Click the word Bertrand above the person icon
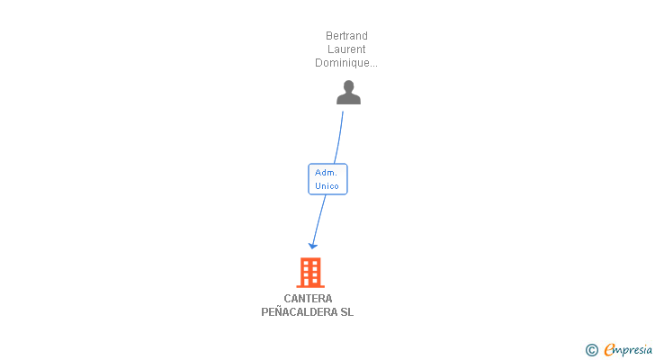tap(346, 36)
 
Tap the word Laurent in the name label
tap(346, 49)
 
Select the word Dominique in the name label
tap(344, 63)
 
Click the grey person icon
tap(348, 93)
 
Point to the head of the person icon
tap(348, 86)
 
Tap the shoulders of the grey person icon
tap(348, 99)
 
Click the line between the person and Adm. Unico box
tap(338, 138)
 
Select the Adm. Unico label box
tap(327, 179)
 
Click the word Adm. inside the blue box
tap(327, 172)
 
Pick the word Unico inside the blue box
tap(327, 186)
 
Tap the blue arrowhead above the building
tap(313, 244)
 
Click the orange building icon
tap(310, 272)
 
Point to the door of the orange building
tap(310, 282)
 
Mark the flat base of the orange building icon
tap(310, 286)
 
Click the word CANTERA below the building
tap(308, 299)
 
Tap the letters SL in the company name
tap(347, 312)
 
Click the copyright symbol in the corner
tap(591, 350)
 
